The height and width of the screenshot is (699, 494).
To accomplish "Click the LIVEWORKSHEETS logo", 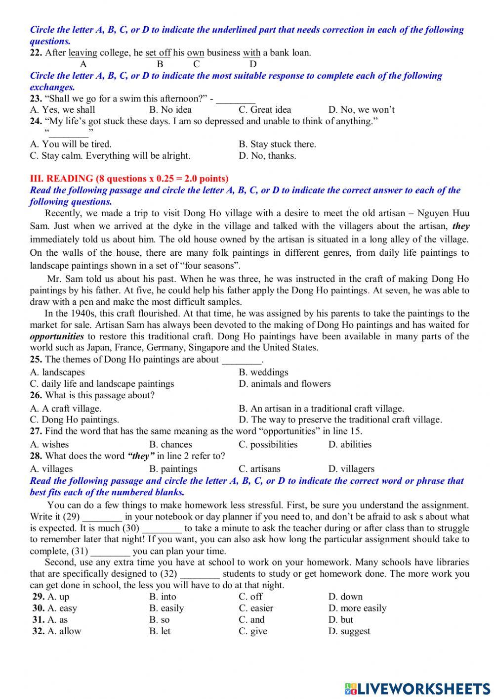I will click(x=417, y=688).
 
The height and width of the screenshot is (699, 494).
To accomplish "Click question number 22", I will click(x=36, y=53).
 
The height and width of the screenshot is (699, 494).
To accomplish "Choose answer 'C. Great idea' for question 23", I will click(x=265, y=110).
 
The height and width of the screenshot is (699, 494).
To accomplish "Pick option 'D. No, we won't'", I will click(x=361, y=110).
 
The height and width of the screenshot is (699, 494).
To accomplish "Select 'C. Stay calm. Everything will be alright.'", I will click(x=110, y=156).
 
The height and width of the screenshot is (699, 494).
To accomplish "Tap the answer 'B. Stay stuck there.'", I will click(x=277, y=144).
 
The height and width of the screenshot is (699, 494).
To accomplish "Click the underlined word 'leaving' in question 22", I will click(x=83, y=53).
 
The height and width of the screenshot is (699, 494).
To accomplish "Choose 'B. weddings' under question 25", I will click(x=263, y=373).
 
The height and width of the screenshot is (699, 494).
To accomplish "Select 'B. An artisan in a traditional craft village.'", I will click(x=321, y=409).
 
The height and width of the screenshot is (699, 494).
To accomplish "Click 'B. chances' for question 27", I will click(x=170, y=445).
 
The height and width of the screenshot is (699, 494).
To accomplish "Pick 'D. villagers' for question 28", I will click(x=351, y=469).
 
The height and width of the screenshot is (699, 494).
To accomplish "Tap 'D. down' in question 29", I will click(x=345, y=597).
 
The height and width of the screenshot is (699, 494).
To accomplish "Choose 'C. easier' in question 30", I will click(x=256, y=608).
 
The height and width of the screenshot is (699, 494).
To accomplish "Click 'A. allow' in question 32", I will click(x=64, y=631).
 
